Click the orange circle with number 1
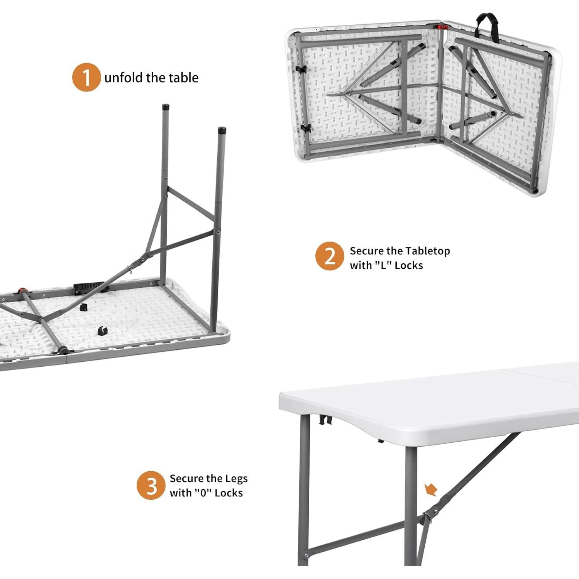pos(86,78)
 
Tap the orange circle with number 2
pos(329,256)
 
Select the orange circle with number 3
pos(151,486)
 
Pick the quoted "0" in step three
pos(201,493)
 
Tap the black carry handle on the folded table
pos(488,24)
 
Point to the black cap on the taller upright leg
pos(166,107)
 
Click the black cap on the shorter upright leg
pos(222,130)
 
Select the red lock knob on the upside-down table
pos(21,290)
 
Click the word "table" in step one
pos(183,78)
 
